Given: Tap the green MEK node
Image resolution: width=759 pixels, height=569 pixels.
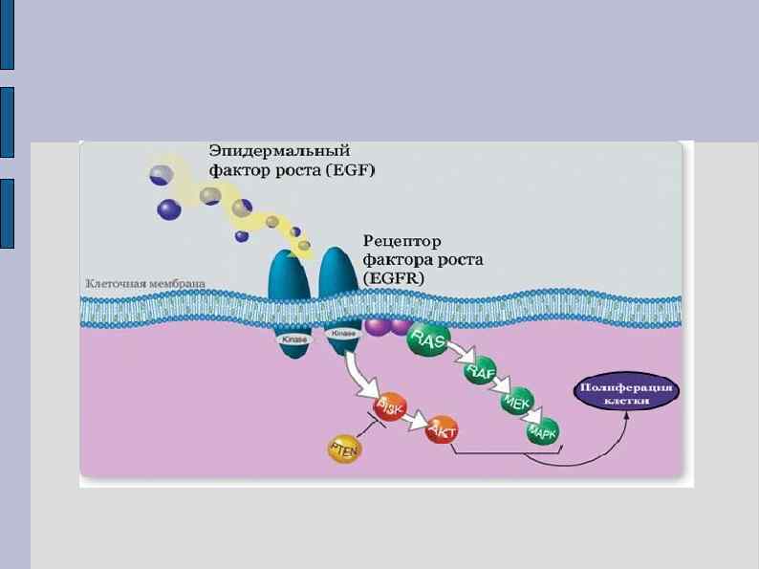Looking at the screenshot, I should tap(516, 404).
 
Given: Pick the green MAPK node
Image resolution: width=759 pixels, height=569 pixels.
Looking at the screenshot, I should tap(545, 432).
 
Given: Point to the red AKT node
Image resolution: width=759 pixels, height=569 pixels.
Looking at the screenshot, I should tap(443, 431).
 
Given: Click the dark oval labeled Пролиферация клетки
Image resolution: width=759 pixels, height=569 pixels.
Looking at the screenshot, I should tap(627, 395).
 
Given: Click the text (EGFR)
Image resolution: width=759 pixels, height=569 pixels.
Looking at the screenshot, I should tap(389, 276).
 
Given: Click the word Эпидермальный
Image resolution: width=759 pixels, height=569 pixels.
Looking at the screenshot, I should tap(279, 151).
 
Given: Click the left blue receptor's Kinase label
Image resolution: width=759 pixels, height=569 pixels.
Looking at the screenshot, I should tap(293, 339).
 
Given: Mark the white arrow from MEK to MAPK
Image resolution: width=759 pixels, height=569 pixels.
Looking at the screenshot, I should tap(531, 419).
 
